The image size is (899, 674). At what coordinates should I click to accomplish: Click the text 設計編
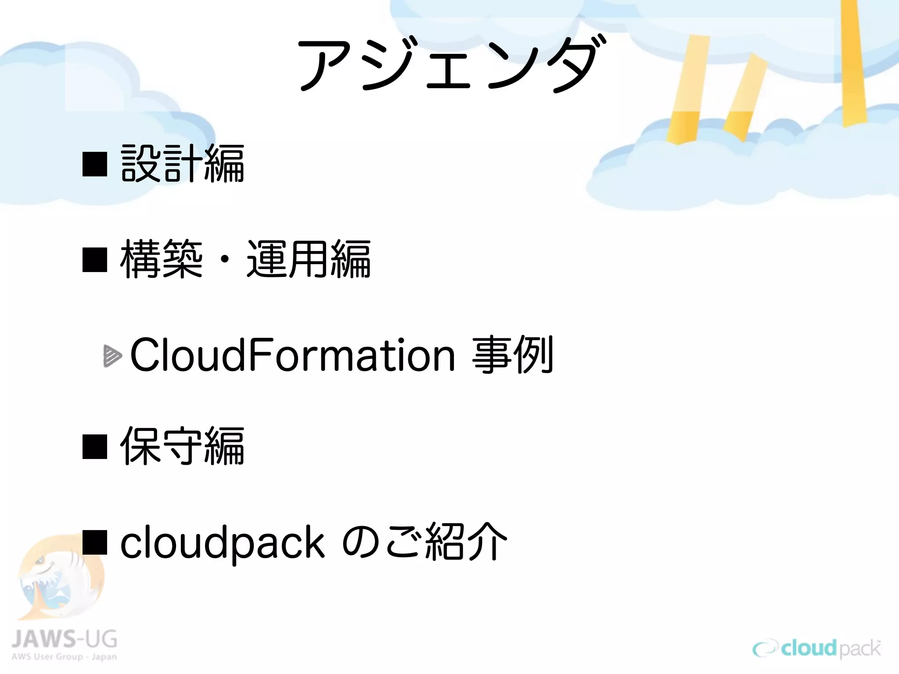click(182, 164)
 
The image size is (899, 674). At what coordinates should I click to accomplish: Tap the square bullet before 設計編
click(95, 164)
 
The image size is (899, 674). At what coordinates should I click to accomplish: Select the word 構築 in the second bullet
click(161, 259)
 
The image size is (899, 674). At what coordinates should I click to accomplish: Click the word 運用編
click(309, 259)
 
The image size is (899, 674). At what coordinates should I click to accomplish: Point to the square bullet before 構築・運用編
click(95, 259)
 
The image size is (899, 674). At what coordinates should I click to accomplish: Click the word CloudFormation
click(292, 355)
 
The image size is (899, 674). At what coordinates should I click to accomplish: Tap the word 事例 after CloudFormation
click(512, 355)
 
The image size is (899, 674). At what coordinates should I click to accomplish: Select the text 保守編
click(182, 446)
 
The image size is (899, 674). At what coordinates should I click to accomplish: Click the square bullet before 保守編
click(95, 447)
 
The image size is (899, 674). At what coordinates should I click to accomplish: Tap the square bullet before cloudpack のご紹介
click(95, 543)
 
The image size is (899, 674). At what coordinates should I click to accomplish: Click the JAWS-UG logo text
click(64, 639)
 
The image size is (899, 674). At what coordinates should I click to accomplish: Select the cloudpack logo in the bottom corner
click(816, 649)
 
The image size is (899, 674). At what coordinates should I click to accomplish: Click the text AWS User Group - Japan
click(64, 657)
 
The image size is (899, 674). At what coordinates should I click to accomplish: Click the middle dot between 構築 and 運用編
click(225, 260)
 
